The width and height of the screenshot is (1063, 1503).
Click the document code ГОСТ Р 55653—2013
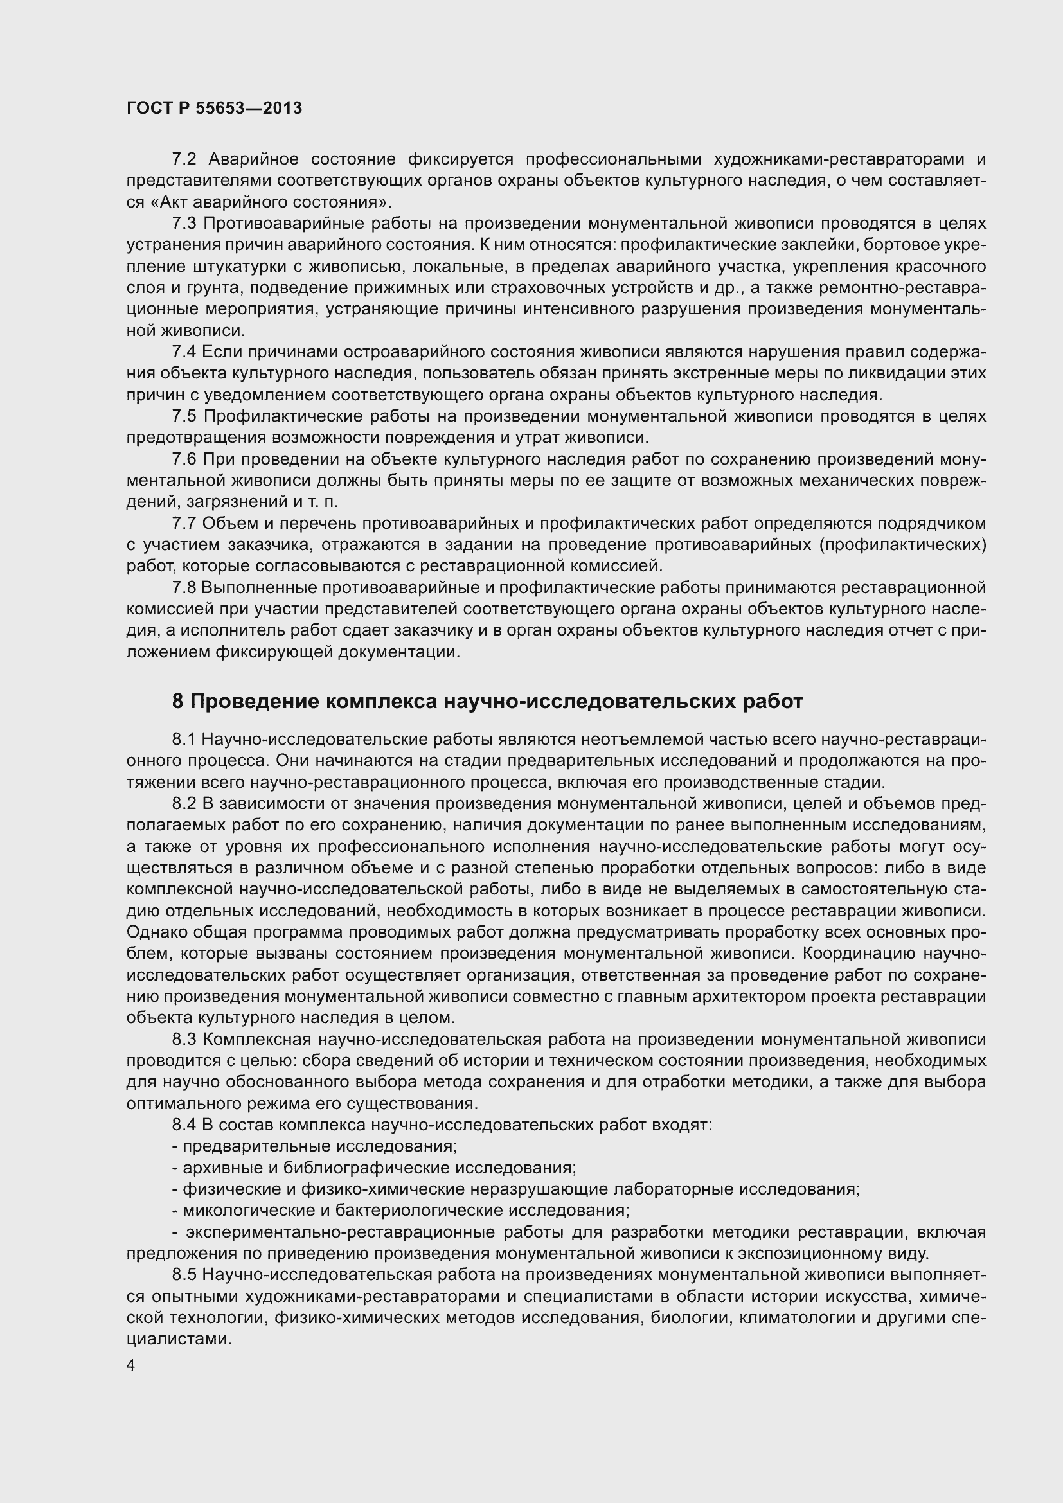[214, 108]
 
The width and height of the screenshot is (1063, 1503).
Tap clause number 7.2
[184, 159]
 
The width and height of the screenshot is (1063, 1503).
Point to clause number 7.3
[184, 223]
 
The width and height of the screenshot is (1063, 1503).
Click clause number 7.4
[184, 352]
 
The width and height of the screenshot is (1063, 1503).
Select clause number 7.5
[184, 416]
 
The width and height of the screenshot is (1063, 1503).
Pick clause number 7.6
[184, 459]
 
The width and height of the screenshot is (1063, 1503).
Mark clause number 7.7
[184, 523]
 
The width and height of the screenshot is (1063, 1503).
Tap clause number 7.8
[184, 587]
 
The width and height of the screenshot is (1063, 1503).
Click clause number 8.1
[184, 739]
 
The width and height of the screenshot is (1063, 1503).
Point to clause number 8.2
[184, 803]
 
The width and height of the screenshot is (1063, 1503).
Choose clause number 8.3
[184, 1040]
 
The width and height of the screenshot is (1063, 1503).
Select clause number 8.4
[184, 1125]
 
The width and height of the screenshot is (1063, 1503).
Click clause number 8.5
[184, 1274]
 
